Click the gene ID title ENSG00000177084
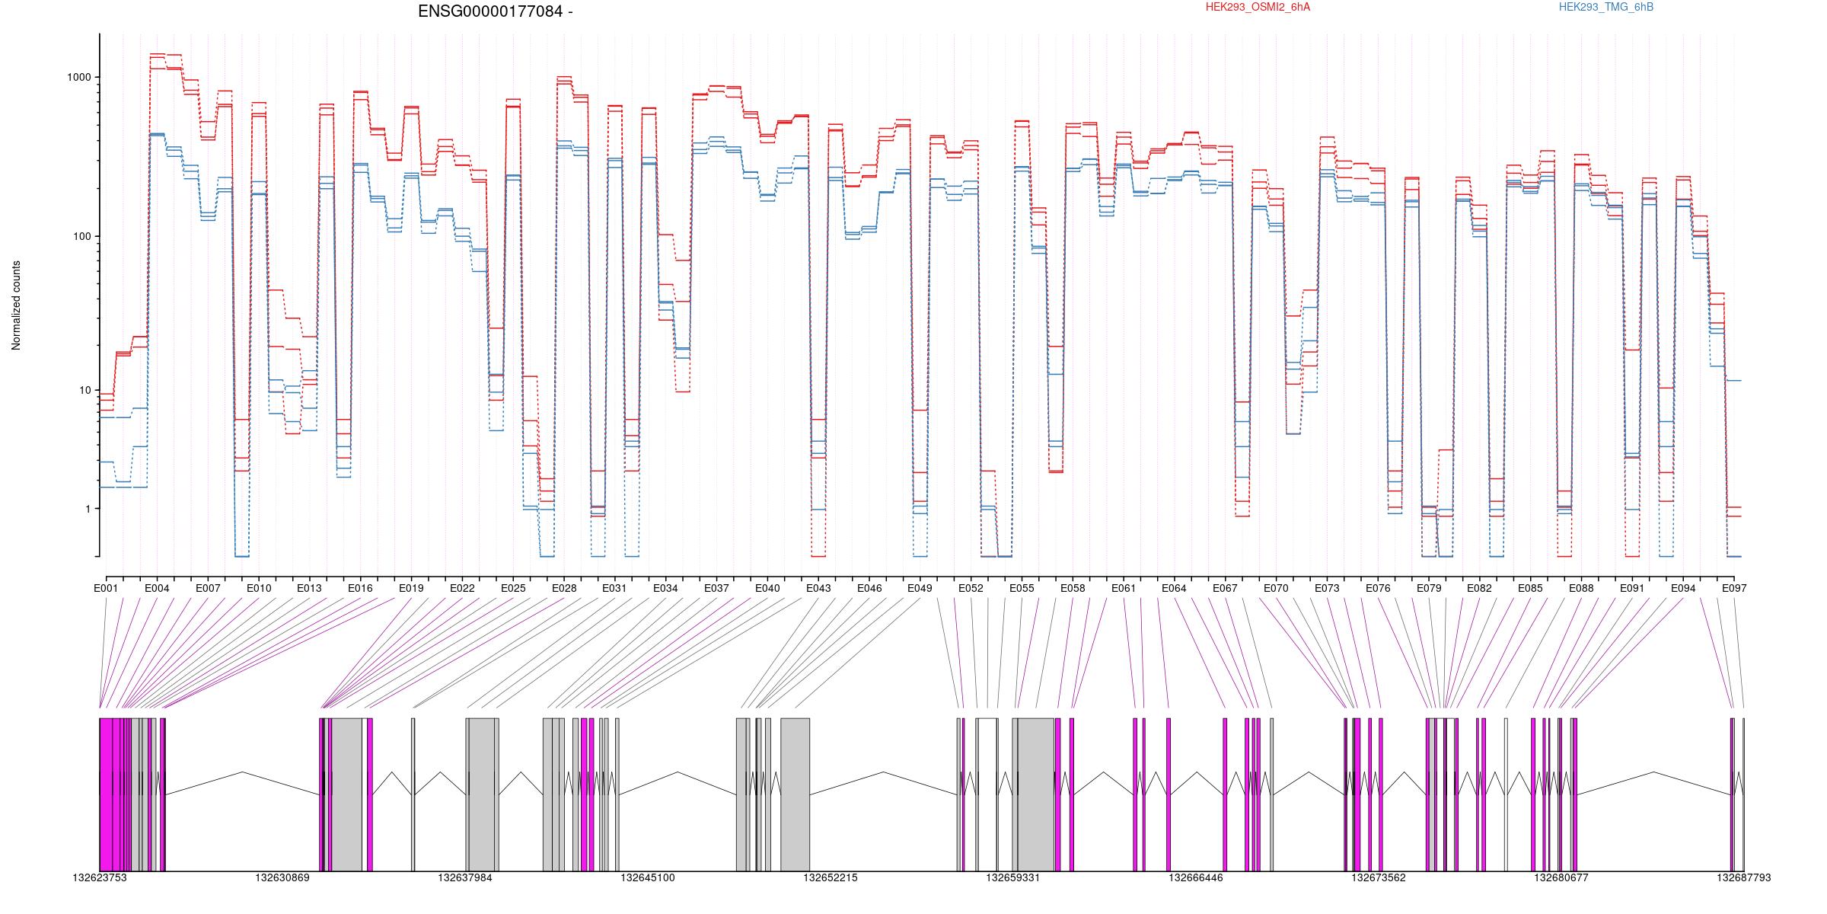[488, 11]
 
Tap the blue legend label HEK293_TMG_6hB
[1606, 7]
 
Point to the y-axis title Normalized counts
[16, 305]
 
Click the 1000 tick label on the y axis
[79, 78]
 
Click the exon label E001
[106, 588]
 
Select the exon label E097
[1734, 588]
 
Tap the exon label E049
[920, 588]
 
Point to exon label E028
[564, 588]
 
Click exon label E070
[1276, 588]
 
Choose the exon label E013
[309, 588]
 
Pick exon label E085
[1530, 588]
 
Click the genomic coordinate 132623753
[100, 877]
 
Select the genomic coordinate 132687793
[1743, 877]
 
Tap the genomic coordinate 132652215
[831, 877]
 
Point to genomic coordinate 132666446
[1196, 877]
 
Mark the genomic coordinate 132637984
[465, 877]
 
